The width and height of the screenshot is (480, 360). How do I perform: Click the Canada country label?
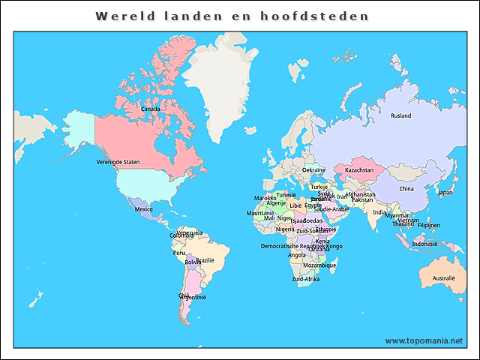pyautogui.click(x=150, y=109)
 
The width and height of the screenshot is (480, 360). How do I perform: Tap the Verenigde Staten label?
pyautogui.click(x=118, y=161)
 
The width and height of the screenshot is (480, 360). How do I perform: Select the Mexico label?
pyautogui.click(x=143, y=209)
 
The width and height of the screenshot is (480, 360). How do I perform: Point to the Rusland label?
pyautogui.click(x=401, y=115)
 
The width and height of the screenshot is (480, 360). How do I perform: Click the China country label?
pyautogui.click(x=406, y=189)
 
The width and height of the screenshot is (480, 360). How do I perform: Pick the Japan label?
pyautogui.click(x=445, y=192)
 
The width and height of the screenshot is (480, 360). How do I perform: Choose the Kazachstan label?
pyautogui.click(x=359, y=170)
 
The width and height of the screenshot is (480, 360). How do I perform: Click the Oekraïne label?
pyautogui.click(x=313, y=170)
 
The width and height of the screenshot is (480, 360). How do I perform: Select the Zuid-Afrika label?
pyautogui.click(x=306, y=279)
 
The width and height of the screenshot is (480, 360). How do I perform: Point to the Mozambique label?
pyautogui.click(x=319, y=265)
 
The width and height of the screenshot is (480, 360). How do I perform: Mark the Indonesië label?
pyautogui.click(x=424, y=244)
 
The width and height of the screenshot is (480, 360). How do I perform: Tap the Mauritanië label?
pyautogui.click(x=259, y=214)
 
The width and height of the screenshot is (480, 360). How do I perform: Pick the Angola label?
pyautogui.click(x=297, y=255)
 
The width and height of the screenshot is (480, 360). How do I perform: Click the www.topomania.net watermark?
pyautogui.click(x=424, y=340)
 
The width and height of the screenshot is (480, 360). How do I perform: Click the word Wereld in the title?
pyautogui.click(x=124, y=16)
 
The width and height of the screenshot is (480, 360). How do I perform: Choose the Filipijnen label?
pyautogui.click(x=429, y=225)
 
